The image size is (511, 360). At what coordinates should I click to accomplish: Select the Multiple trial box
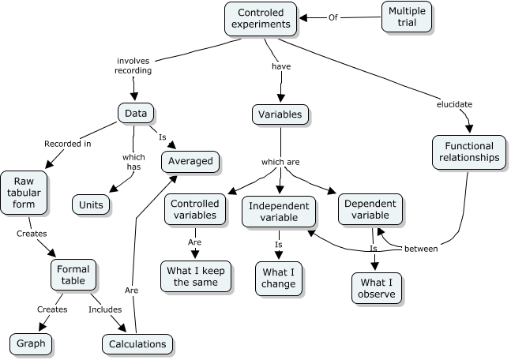[x=407, y=17]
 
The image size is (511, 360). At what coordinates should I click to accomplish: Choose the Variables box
[x=280, y=114]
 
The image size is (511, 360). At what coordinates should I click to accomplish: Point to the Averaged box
[x=190, y=161]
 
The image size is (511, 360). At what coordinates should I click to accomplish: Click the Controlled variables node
[x=194, y=209]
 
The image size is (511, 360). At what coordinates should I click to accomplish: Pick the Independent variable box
[x=279, y=212]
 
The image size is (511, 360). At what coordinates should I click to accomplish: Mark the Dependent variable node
[x=371, y=209]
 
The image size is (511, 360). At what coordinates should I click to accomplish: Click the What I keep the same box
[x=194, y=276]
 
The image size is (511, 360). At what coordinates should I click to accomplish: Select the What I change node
[x=279, y=279]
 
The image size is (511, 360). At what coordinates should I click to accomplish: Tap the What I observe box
[x=376, y=290]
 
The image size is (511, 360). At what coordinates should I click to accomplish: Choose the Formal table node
[x=73, y=276]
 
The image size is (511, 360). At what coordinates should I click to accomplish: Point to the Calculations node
[x=137, y=344]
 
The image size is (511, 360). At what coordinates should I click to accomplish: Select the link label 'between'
[x=421, y=249]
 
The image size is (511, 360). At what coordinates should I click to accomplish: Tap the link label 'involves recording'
[x=133, y=65]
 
